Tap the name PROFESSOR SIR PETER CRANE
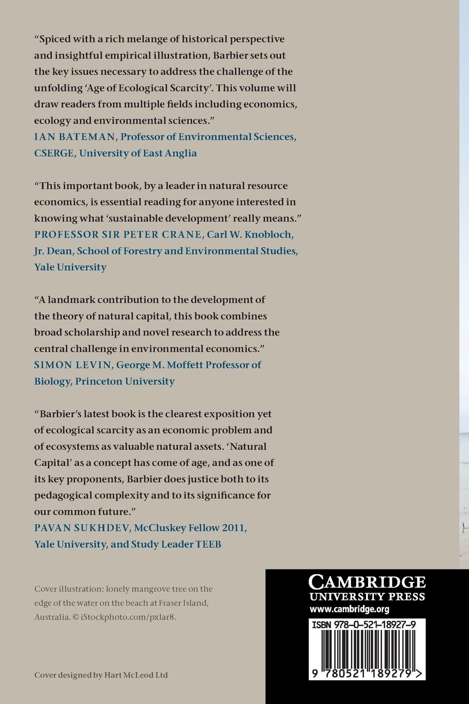point(118,234)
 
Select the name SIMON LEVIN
point(72,365)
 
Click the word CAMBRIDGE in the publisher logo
point(367,582)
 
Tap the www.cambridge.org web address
point(349,609)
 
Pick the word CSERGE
point(54,153)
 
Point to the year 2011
point(233,528)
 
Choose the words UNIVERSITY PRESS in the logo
point(367,596)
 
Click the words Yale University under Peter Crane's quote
point(70,267)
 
